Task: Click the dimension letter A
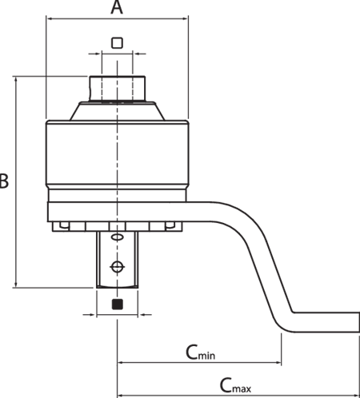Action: [x=117, y=7]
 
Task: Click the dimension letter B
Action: [x=4, y=181]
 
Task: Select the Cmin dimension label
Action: [x=200, y=352]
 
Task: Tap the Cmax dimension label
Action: [x=235, y=385]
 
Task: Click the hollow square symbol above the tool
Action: [x=117, y=42]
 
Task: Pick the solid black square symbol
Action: [x=118, y=304]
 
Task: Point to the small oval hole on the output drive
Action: [x=117, y=237]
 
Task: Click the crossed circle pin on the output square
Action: [x=117, y=267]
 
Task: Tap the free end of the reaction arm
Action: [x=358, y=322]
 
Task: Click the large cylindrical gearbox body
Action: [x=118, y=153]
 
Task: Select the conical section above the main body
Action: [x=118, y=111]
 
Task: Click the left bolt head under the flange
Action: [x=64, y=225]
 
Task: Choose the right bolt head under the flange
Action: [x=170, y=225]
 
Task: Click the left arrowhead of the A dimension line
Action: [x=50, y=18]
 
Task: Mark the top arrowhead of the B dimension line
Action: [x=17, y=80]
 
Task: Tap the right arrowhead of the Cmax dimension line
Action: [x=357, y=395]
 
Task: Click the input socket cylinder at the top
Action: [x=118, y=89]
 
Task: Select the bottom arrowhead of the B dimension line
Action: [x=17, y=285]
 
